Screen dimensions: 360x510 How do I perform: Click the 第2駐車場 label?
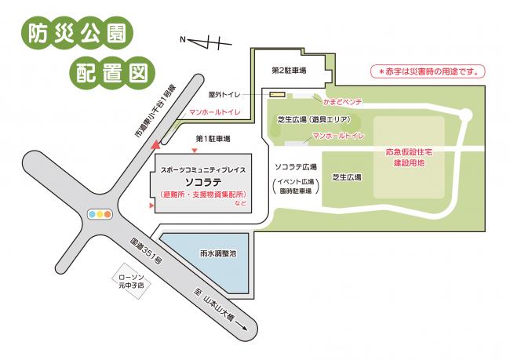289,70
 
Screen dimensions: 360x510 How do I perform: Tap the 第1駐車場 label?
213,139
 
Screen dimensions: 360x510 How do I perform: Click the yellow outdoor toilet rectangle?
277,94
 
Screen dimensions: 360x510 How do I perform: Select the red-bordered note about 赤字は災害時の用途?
427,71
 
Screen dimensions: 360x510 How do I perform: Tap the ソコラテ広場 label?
296,167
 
